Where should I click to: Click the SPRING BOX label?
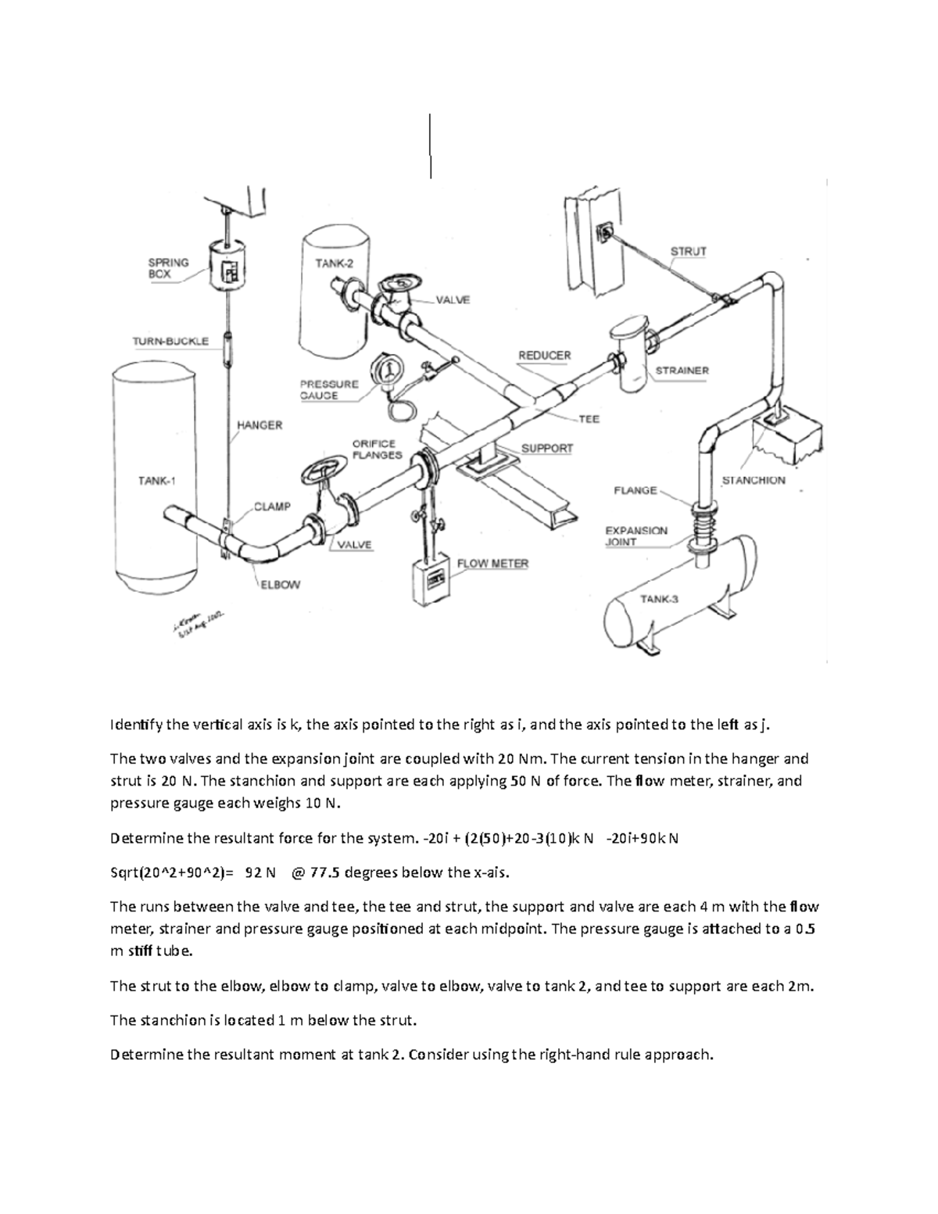tap(168, 268)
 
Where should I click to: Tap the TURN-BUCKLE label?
tap(170, 341)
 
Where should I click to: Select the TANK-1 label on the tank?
tap(156, 481)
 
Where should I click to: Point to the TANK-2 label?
tap(334, 263)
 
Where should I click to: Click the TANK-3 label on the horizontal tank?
tap(660, 600)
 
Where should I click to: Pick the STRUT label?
tap(688, 252)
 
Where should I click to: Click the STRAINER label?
tap(682, 371)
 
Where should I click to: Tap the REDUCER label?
tap(544, 355)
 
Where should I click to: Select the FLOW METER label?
tap(492, 563)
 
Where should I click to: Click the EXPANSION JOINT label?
tap(636, 535)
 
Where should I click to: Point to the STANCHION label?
tap(753, 480)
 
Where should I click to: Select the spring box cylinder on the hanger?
tap(227, 267)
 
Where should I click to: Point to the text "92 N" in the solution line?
tap(260, 872)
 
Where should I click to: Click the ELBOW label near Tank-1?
tap(280, 584)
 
